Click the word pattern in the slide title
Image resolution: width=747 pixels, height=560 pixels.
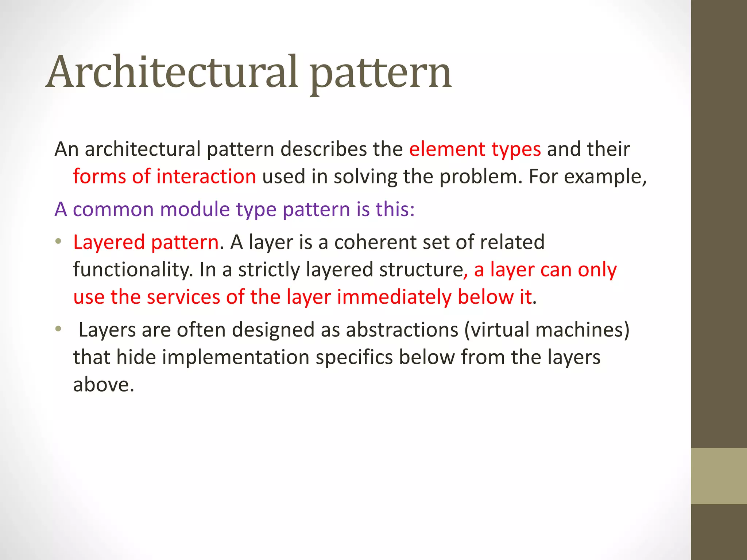pos(381,75)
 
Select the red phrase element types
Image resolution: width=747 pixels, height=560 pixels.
pos(475,149)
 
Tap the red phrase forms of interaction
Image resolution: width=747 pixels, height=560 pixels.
pos(165,177)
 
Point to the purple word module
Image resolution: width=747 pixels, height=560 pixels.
pos(195,210)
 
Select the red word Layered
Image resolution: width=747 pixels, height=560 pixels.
pos(109,242)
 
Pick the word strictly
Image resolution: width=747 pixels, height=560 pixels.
pos(269,270)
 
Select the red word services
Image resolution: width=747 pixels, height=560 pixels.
pos(184,297)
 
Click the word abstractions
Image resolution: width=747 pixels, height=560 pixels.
pos(402,330)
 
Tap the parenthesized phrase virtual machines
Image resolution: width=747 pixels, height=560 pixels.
pos(547,330)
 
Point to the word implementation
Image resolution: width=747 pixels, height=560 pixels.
pos(236,357)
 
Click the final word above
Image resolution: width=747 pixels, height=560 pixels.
pos(104,385)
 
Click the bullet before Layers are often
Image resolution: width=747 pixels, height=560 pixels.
pos(58,329)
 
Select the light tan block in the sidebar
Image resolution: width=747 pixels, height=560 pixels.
pos(719,476)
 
